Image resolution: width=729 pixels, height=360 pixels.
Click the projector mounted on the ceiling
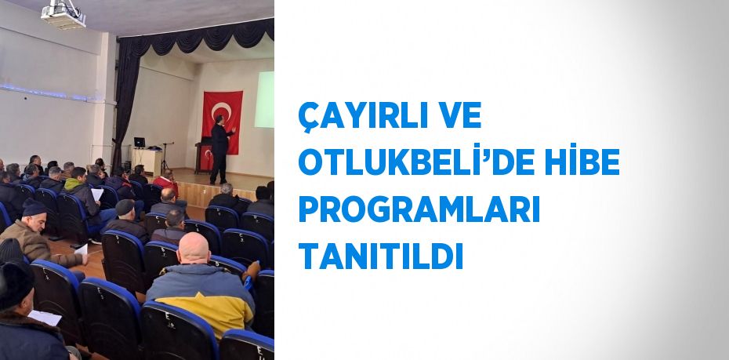63,13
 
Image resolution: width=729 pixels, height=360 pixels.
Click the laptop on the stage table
140,143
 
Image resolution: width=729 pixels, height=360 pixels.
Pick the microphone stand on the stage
165,157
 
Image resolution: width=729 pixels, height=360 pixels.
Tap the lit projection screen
265,99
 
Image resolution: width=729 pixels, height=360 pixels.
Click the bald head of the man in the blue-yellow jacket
194,249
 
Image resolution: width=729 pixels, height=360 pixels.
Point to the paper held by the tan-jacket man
81,249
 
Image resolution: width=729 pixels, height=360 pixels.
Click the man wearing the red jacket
165,184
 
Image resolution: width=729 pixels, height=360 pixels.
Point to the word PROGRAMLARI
419,209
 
